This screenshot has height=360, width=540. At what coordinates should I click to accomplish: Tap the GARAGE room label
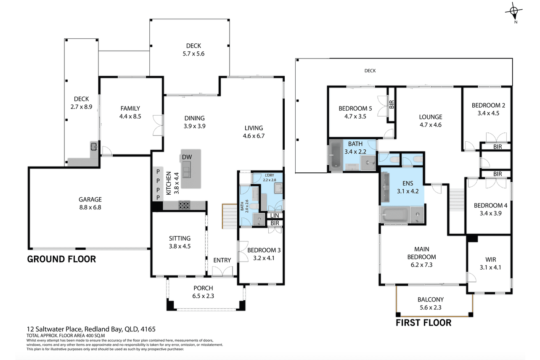90,199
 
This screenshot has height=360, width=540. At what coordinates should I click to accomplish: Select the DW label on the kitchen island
187,157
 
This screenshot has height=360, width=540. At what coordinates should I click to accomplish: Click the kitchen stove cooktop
184,205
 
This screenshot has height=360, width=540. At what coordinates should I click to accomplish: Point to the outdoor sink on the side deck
93,146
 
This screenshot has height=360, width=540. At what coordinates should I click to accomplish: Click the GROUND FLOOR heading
61,259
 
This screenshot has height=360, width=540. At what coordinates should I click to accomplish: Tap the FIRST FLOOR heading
424,323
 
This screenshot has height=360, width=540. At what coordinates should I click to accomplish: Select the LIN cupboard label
275,215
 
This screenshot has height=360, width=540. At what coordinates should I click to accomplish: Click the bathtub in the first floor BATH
335,155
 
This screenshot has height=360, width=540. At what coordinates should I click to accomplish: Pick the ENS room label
408,183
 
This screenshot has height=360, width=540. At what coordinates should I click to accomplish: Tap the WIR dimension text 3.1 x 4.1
490,267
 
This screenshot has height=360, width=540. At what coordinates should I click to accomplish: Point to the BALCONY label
431,299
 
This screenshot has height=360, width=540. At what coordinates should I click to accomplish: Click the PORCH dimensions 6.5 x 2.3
203,296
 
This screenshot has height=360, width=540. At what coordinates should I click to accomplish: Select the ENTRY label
222,260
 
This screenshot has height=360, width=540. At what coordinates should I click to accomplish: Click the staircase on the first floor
457,200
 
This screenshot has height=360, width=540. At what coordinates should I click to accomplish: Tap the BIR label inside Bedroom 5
392,104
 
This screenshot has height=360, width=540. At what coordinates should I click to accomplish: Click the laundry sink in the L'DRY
278,188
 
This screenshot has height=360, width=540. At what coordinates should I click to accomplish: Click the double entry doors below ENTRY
222,271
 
